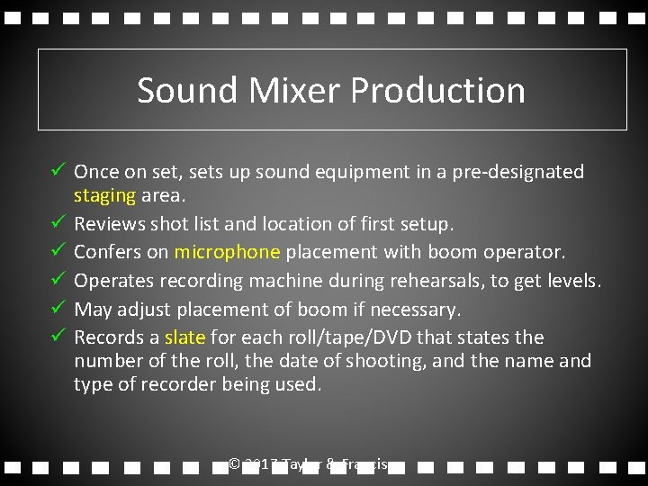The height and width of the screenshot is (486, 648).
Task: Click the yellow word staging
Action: pos(104,195)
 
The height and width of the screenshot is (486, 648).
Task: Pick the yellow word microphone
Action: pos(227,252)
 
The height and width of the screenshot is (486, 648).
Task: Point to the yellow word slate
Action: pos(185,337)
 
